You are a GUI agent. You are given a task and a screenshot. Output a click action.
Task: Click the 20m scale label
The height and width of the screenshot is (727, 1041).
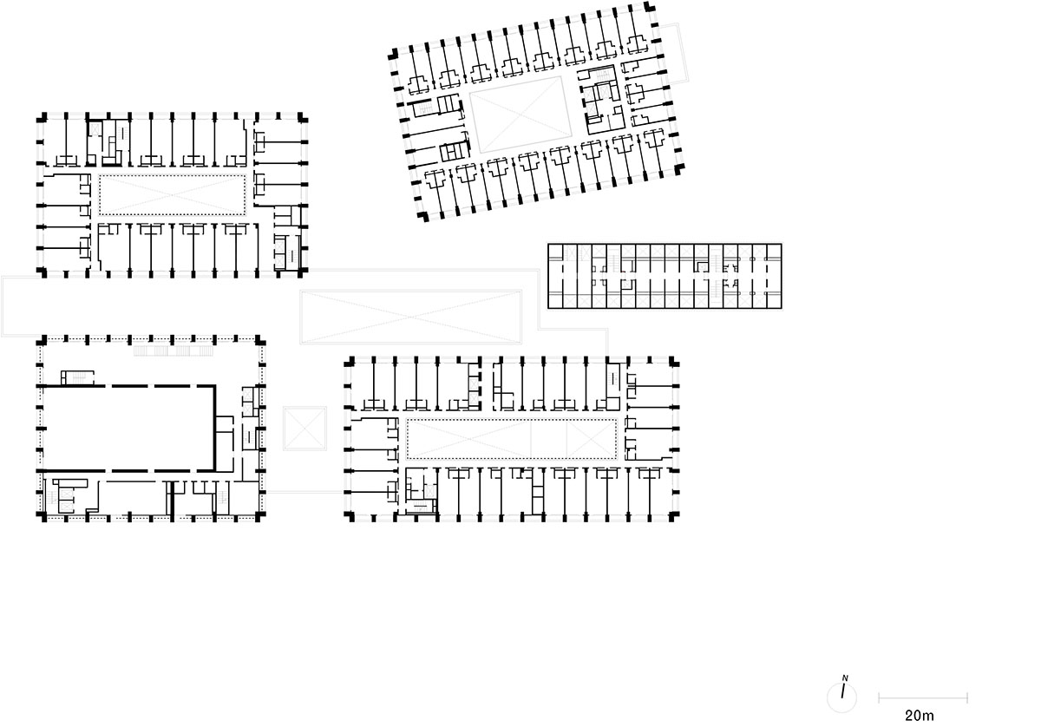[x=919, y=715]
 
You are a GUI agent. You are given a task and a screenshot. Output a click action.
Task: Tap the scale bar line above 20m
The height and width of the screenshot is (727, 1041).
[x=922, y=698]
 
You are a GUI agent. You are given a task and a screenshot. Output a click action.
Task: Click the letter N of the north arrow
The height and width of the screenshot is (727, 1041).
[x=845, y=678]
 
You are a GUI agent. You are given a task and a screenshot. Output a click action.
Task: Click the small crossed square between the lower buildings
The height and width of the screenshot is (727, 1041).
[x=304, y=429]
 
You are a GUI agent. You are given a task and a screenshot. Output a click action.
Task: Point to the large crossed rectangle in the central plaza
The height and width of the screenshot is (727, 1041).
[x=411, y=317]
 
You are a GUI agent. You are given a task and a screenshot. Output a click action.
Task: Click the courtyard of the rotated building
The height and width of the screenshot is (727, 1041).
[x=520, y=115]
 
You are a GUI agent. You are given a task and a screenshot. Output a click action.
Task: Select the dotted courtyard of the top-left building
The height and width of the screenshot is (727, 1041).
[x=172, y=195]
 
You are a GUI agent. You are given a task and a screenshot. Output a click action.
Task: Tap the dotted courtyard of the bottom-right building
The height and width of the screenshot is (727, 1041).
[x=512, y=439]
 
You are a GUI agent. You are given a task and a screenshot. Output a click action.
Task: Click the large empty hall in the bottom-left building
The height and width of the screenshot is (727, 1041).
[x=128, y=428]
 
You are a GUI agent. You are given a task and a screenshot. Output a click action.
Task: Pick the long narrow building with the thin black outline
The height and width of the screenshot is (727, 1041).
[x=665, y=276]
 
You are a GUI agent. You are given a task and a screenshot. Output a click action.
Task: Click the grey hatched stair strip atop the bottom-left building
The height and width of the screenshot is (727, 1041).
[x=173, y=350]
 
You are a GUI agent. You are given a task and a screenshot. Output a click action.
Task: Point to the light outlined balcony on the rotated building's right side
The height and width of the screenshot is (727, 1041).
[x=675, y=52]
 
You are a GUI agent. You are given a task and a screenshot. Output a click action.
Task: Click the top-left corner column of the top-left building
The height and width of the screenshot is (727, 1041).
[x=42, y=116]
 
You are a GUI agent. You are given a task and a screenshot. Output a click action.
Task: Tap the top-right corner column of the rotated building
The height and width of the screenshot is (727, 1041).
[x=649, y=7]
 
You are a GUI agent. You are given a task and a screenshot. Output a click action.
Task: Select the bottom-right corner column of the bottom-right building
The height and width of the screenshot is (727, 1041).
[x=674, y=516]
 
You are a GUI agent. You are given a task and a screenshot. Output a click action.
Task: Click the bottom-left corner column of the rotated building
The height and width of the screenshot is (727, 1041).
[x=422, y=216]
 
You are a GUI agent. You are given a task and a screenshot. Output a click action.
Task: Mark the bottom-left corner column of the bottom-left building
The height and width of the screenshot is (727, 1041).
[x=42, y=516]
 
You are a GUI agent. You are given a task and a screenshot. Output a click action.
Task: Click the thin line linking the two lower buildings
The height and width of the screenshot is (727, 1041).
[x=304, y=491]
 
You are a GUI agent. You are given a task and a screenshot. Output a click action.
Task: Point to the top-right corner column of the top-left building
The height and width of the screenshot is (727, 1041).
[x=303, y=116]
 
